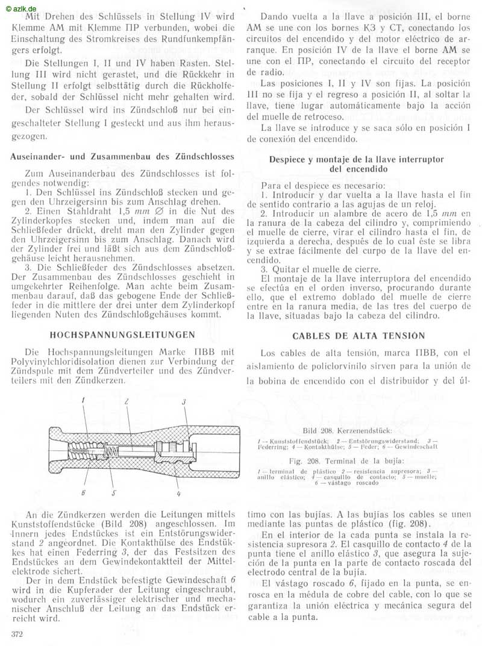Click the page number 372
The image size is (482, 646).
click(x=19, y=633)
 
